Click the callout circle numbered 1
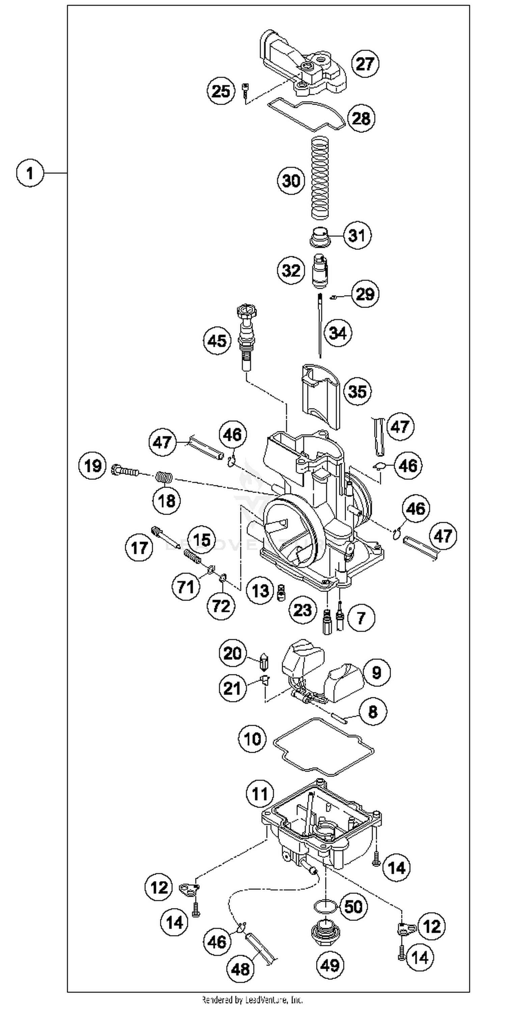click(x=30, y=173)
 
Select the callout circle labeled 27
click(x=365, y=63)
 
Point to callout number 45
click(x=217, y=340)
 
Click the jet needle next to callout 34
click(x=320, y=325)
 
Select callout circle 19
click(x=93, y=466)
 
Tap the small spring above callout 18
click(x=164, y=477)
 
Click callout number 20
click(x=232, y=653)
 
